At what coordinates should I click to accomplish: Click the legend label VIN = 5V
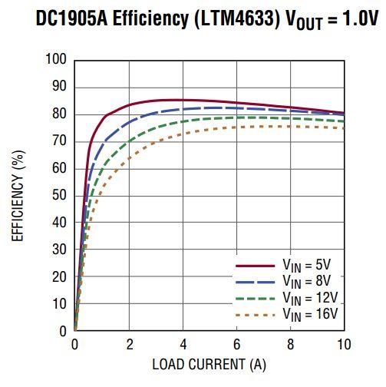(306, 265)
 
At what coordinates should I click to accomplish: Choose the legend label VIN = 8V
(306, 280)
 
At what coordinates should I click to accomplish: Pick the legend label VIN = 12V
(309, 297)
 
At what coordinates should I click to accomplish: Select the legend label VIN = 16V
(309, 313)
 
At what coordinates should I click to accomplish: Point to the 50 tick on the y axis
(60, 196)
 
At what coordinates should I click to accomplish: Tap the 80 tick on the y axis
(60, 114)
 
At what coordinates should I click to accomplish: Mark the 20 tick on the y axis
(60, 277)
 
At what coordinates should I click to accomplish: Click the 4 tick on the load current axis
(183, 343)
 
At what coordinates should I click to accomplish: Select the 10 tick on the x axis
(344, 343)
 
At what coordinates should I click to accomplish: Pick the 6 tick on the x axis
(236, 343)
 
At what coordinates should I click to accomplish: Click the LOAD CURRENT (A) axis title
(209, 363)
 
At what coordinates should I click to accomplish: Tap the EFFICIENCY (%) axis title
(18, 196)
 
